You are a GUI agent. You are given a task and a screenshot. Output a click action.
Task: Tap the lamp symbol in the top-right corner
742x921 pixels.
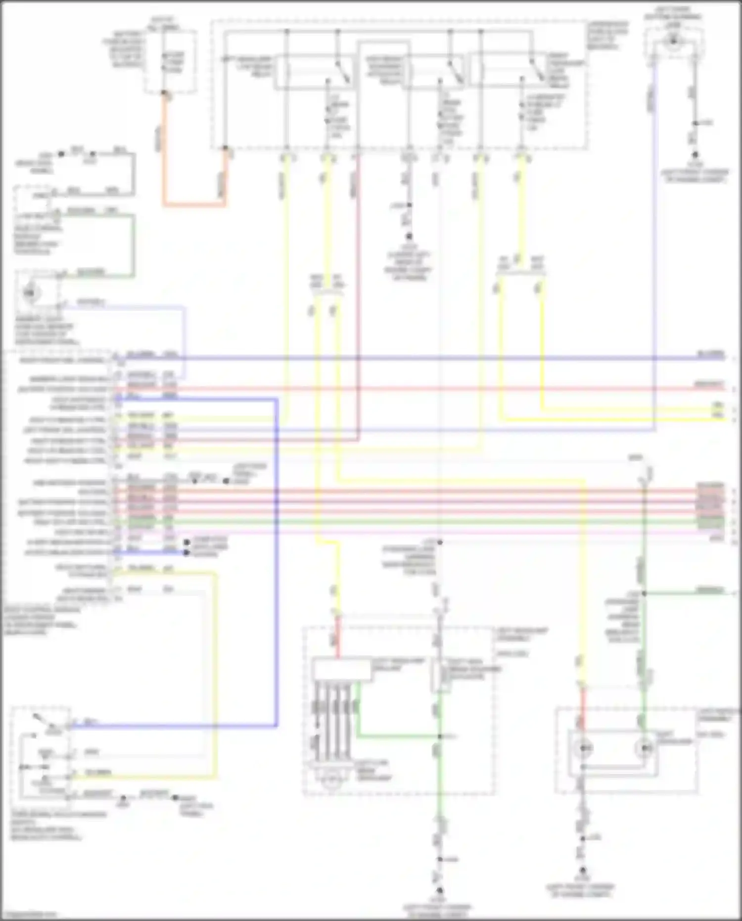coord(673,42)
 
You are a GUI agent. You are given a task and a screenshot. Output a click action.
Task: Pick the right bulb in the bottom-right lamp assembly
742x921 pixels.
coord(645,748)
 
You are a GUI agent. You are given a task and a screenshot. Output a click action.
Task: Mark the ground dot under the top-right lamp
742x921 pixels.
coord(695,155)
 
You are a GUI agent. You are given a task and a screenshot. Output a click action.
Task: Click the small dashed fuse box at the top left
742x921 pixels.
coord(170,62)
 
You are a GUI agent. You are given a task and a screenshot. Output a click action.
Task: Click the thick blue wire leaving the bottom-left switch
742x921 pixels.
coord(173,727)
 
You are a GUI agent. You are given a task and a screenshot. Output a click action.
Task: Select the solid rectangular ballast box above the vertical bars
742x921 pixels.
coord(341,670)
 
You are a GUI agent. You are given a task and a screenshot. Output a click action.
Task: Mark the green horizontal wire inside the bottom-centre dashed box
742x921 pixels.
coord(396,737)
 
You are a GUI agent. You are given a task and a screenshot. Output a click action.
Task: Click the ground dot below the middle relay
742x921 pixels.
coord(409,237)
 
